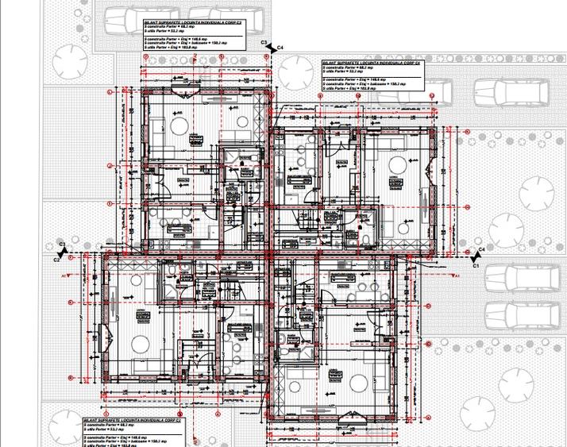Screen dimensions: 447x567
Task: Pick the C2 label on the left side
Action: pos(57,259)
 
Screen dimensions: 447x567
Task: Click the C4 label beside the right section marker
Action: pos(280,49)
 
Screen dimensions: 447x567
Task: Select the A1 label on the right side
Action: pos(421,264)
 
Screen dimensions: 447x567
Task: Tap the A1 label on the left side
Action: pos(64,275)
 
